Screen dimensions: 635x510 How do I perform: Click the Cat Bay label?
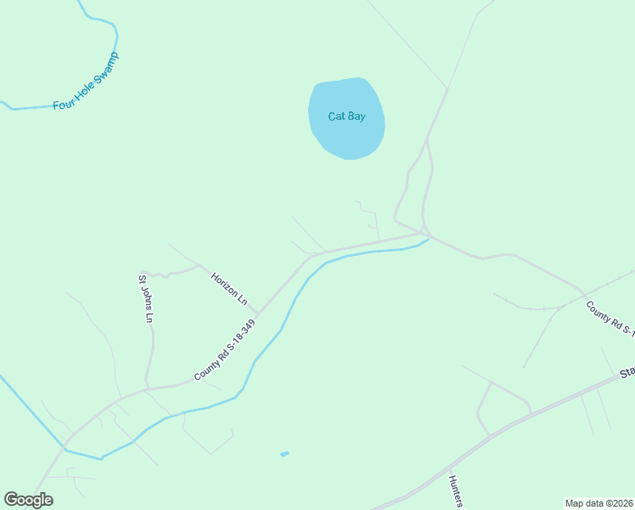[x=347, y=116]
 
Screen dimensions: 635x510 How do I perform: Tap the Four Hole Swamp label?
[x=86, y=82]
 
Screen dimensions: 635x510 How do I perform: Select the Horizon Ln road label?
[x=229, y=289]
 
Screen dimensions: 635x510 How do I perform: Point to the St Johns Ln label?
[x=146, y=298]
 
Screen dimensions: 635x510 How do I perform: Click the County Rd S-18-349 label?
[x=224, y=350]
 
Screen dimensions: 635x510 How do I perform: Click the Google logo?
[x=28, y=500]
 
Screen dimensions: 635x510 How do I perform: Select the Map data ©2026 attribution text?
[x=598, y=503]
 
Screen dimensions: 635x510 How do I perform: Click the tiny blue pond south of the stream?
[x=284, y=454]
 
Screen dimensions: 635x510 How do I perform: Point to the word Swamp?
[x=106, y=68]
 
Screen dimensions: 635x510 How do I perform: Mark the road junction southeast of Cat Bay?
[x=424, y=231]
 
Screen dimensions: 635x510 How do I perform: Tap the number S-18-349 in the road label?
[x=237, y=338]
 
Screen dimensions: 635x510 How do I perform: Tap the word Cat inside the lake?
[x=337, y=116]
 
